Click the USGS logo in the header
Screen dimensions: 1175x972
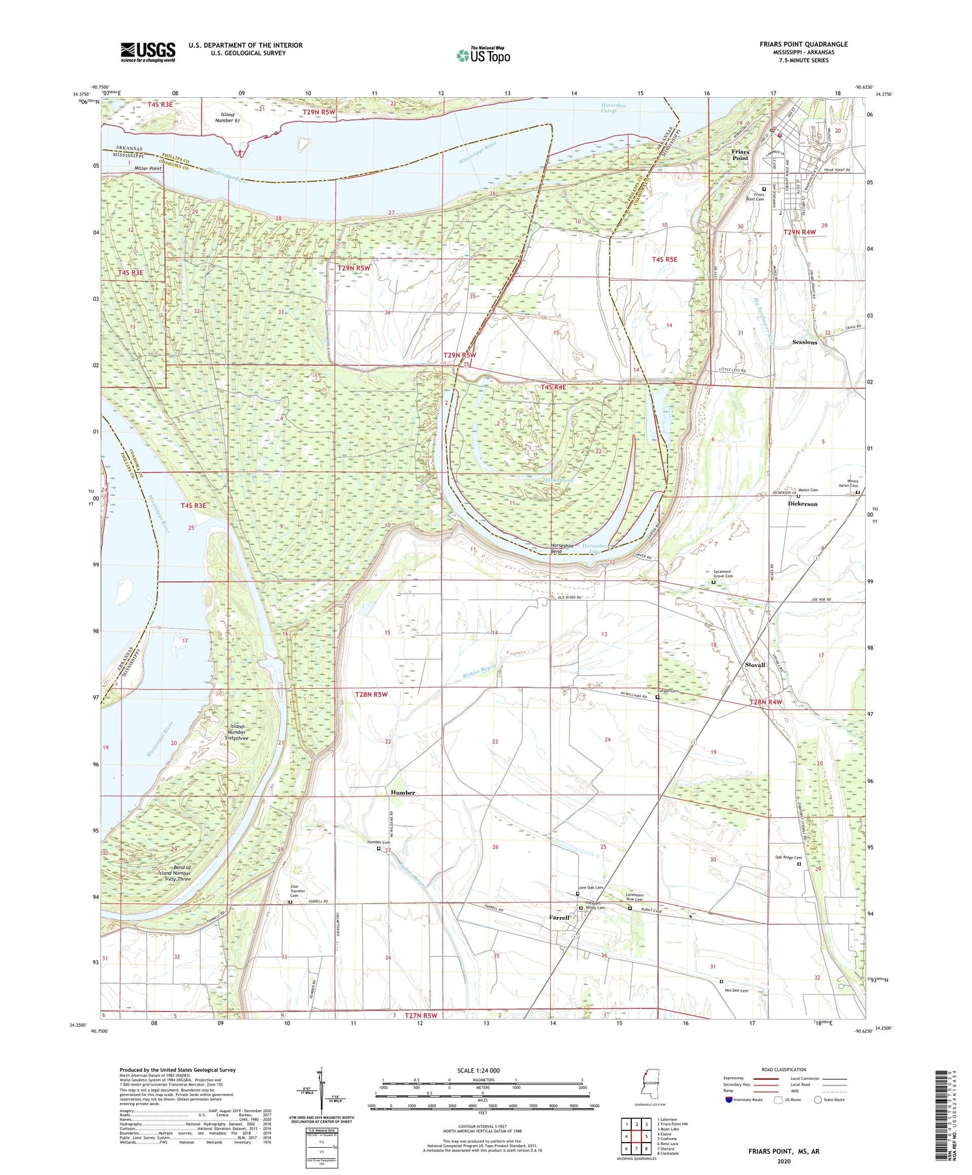click(148, 52)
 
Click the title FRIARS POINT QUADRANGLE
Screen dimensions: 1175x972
click(804, 44)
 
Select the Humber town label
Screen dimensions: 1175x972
click(402, 793)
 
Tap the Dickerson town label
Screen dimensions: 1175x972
click(802, 504)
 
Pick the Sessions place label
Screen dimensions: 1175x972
click(804, 342)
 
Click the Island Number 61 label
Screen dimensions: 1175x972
click(227, 117)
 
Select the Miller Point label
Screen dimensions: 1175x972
click(148, 169)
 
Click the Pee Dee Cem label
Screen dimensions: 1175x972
click(735, 990)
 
